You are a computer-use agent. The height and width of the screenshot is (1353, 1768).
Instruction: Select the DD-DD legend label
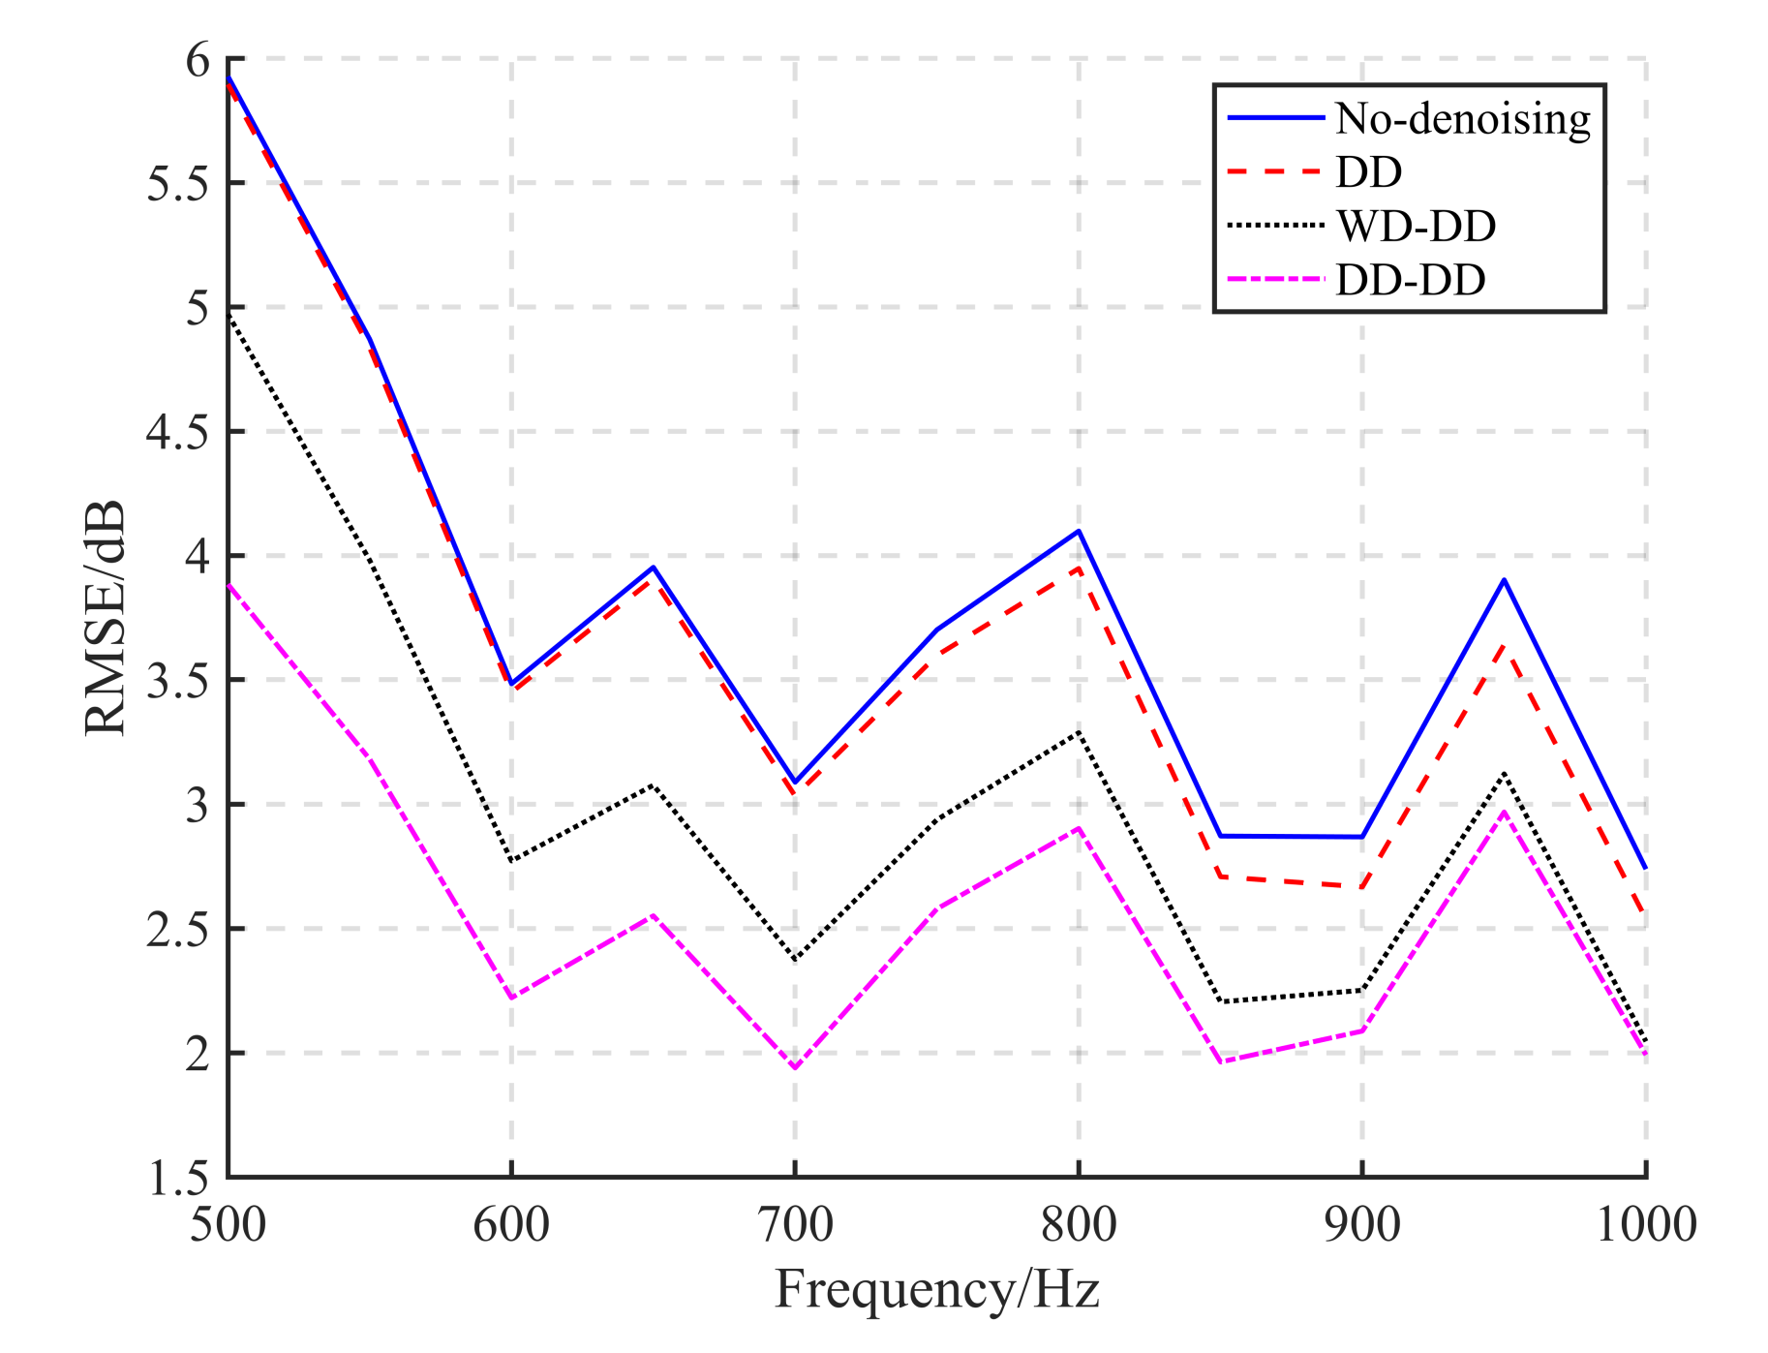click(1410, 280)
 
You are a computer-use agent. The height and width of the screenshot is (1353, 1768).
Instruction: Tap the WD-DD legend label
click(1416, 226)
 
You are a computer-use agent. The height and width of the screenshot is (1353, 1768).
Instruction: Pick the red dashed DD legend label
click(1368, 172)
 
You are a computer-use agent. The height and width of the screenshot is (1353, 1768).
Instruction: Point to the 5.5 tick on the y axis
click(178, 183)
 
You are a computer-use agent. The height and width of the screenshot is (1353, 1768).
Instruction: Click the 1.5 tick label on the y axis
click(178, 1178)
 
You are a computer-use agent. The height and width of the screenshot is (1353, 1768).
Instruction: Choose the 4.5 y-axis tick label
click(178, 432)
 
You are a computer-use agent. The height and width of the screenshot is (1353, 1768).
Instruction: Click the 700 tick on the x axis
click(795, 1224)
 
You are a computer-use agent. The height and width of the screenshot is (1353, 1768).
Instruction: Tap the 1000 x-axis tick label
click(1645, 1224)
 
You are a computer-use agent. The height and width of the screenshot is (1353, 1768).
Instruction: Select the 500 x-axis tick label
click(229, 1224)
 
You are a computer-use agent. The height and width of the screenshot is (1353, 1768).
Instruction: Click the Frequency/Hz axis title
click(936, 1290)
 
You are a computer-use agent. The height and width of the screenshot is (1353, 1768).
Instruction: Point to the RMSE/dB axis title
click(105, 618)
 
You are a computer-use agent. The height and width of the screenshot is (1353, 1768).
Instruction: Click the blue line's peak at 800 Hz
click(1079, 531)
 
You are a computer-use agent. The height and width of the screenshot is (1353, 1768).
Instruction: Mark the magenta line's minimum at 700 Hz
click(795, 1067)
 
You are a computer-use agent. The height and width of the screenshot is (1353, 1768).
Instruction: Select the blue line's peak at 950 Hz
click(1504, 580)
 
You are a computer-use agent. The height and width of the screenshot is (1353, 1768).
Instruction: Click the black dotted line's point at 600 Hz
click(511, 861)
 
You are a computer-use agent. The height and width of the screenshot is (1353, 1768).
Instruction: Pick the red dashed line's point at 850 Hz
click(1221, 876)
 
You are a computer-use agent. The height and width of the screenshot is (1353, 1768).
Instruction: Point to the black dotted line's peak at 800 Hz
click(1079, 732)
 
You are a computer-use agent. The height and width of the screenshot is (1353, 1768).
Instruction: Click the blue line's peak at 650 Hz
click(654, 568)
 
